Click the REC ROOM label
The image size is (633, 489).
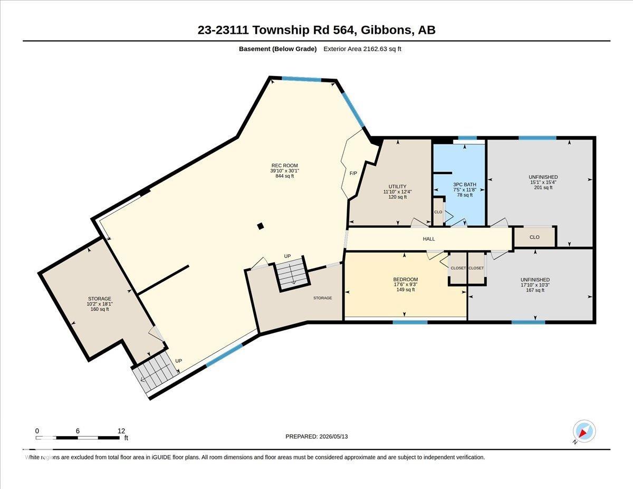click(x=285, y=166)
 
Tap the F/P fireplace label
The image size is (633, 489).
click(x=353, y=174)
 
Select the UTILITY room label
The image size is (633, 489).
click(x=397, y=186)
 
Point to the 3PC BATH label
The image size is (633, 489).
click(x=465, y=184)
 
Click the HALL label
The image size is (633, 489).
click(x=429, y=239)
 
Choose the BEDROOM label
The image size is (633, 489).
click(x=406, y=279)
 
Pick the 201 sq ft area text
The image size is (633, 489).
click(x=543, y=188)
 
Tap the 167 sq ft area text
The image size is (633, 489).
click(x=535, y=290)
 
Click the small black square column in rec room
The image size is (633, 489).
click(x=261, y=226)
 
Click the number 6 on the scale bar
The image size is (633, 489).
click(x=78, y=431)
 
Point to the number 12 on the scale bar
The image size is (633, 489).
click(x=121, y=431)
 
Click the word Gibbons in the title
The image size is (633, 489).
click(x=386, y=30)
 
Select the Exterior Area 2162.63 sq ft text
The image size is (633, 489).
click(x=362, y=49)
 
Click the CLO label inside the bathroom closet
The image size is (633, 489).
click(x=438, y=212)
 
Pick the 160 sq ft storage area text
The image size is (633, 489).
click(x=100, y=309)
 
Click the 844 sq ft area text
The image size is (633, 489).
click(x=285, y=176)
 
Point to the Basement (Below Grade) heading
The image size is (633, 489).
click(x=277, y=49)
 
